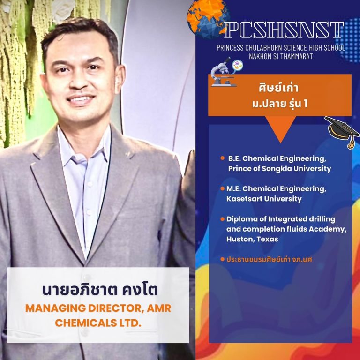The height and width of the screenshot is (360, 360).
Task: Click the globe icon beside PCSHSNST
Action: pyautogui.click(x=208, y=18)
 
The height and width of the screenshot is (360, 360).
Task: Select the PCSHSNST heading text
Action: pyautogui.click(x=284, y=30)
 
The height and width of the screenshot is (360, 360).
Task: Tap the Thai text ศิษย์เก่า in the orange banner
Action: pyautogui.click(x=278, y=88)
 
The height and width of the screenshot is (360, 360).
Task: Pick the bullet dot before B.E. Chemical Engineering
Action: pyautogui.click(x=222, y=158)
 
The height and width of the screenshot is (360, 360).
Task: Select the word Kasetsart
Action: pyautogui.click(x=244, y=199)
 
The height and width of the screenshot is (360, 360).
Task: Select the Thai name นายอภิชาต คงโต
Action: pyautogui.click(x=100, y=290)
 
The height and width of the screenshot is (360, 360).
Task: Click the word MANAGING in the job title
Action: pyautogui.click(x=55, y=308)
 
